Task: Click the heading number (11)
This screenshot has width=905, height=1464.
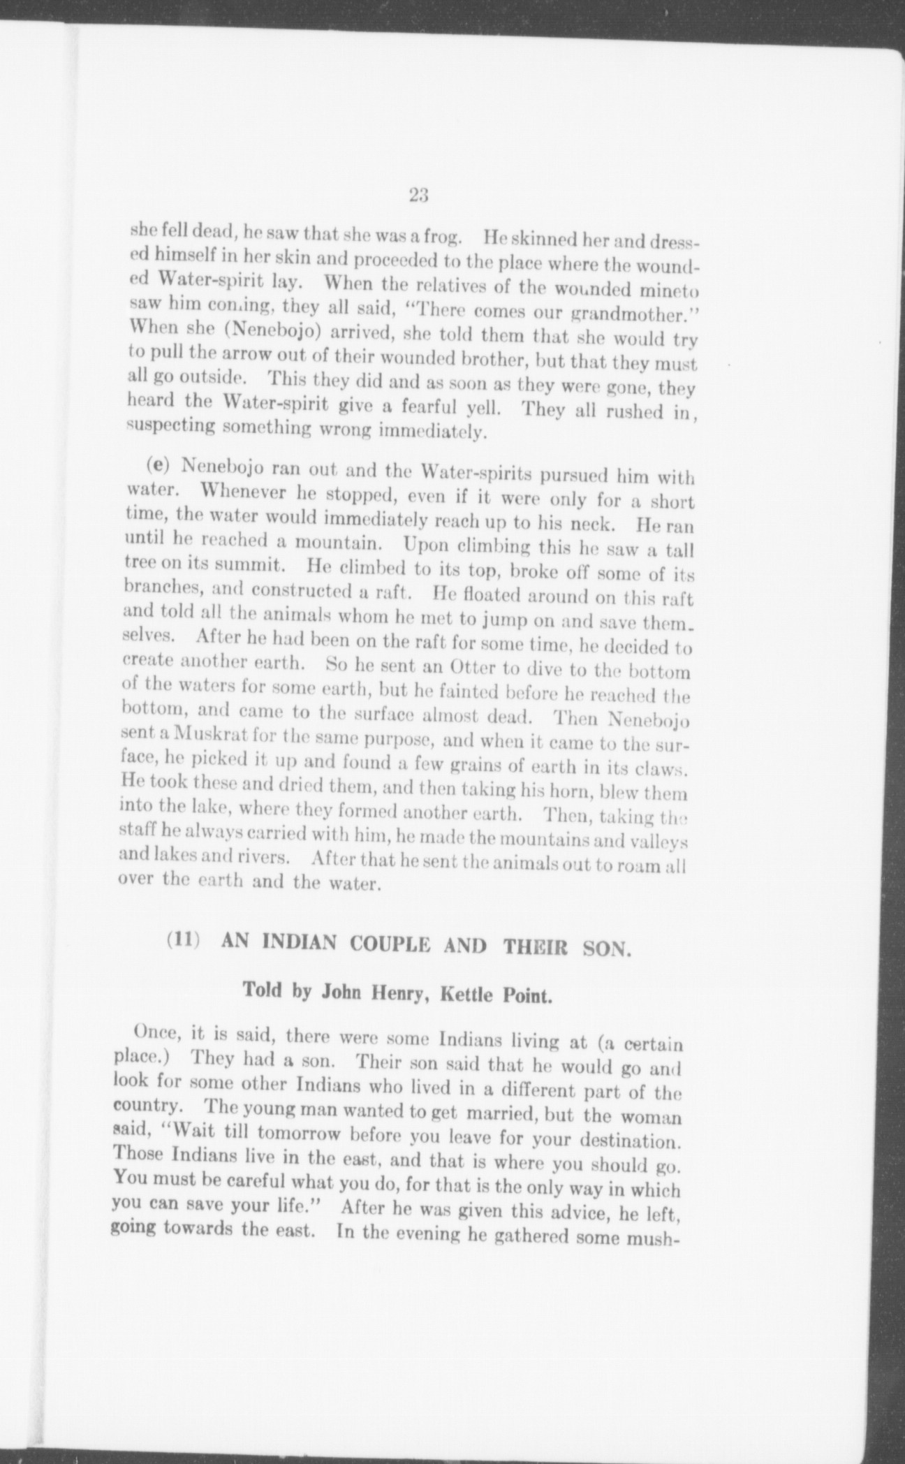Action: (184, 940)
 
